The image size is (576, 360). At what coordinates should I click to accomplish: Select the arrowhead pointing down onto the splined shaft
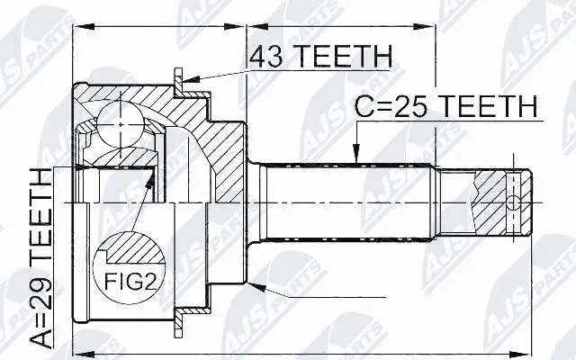click(x=357, y=154)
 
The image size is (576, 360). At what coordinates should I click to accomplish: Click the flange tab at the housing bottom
click(x=180, y=316)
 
